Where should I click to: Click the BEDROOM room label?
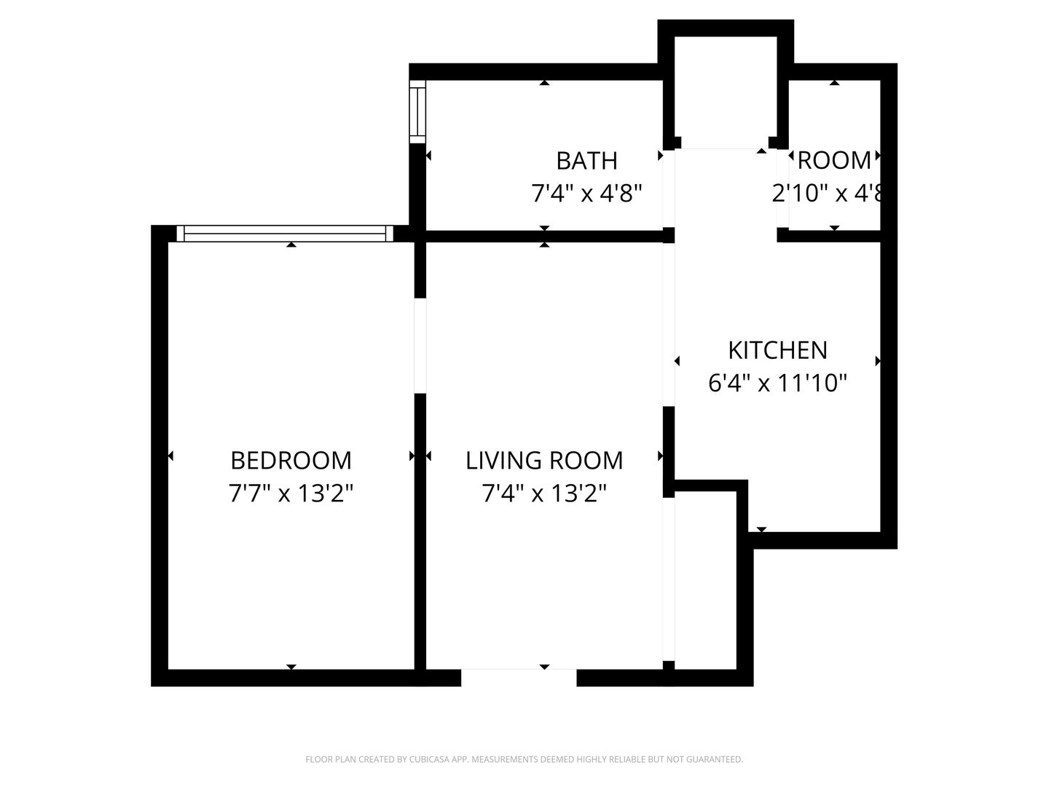291,460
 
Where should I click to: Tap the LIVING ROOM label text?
544,460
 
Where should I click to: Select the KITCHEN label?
777,350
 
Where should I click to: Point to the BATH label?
586,160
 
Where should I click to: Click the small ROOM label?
835,160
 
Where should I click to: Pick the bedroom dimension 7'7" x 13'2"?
291,494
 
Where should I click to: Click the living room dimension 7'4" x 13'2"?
544,494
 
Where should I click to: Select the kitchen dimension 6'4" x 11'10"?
777,383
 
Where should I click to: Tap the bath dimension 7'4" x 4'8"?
586,194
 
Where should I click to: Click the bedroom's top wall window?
285,234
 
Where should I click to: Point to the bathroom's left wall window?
417,113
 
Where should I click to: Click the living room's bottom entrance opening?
519,678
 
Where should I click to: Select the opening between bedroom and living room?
420,346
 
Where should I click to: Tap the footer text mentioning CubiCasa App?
524,760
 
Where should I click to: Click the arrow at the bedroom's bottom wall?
291,667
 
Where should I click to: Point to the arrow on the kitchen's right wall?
878,361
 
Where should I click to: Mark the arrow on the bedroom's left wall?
170,456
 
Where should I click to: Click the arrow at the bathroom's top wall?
544,83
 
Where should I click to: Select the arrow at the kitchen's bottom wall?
761,529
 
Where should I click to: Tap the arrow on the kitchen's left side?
677,361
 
